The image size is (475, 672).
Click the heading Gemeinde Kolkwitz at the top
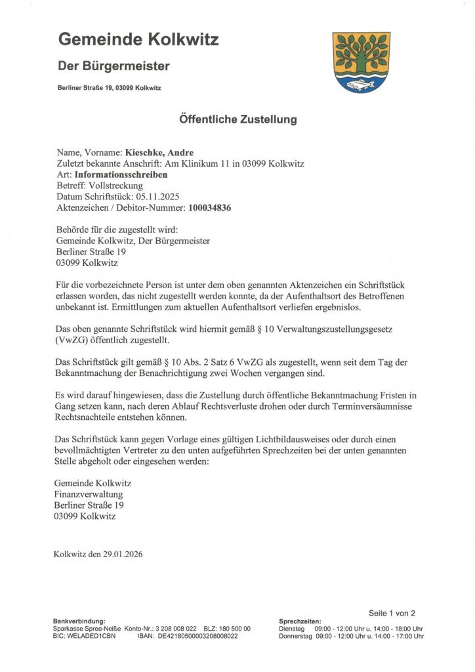(138, 39)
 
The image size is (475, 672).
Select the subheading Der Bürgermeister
(114, 66)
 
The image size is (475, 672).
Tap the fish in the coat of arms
(361, 83)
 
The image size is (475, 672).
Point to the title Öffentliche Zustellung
(237, 119)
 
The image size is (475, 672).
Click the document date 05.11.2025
(158, 197)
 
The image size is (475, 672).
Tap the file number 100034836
(210, 208)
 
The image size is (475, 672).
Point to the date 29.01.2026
(123, 554)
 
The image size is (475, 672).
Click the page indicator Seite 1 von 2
(392, 614)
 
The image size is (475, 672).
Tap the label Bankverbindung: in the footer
(79, 621)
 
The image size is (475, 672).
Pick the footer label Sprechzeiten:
(300, 621)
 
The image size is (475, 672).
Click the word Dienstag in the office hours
(292, 629)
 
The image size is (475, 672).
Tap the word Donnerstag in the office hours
(296, 636)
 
